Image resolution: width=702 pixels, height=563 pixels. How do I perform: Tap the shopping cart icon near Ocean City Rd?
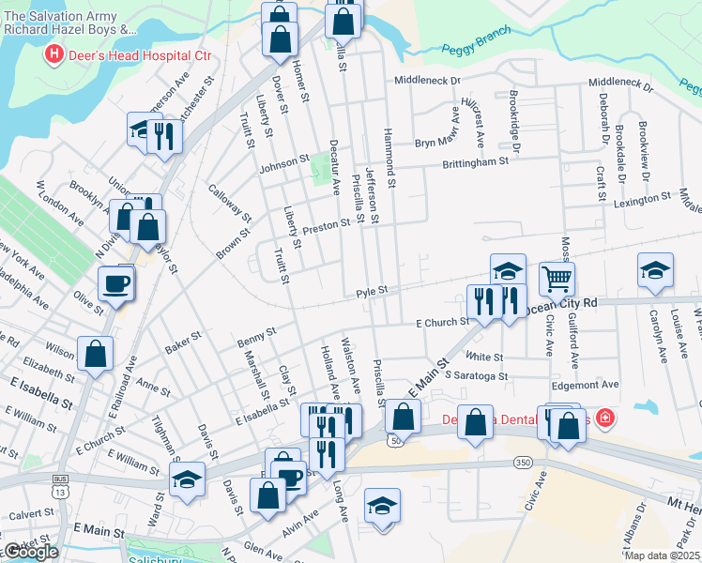click(557, 278)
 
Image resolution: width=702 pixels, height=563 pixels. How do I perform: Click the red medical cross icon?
click(605, 418)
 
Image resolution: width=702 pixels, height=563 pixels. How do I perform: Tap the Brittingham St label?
click(475, 161)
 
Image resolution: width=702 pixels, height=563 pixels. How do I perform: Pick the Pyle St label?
click(372, 294)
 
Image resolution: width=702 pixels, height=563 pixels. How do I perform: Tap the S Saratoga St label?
click(477, 375)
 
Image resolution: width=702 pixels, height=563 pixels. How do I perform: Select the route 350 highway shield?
click(522, 463)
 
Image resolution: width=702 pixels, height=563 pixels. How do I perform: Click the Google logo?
click(31, 552)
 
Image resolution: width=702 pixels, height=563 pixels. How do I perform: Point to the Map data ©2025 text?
click(663, 555)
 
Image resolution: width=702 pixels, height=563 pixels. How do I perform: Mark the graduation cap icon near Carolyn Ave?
click(655, 271)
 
